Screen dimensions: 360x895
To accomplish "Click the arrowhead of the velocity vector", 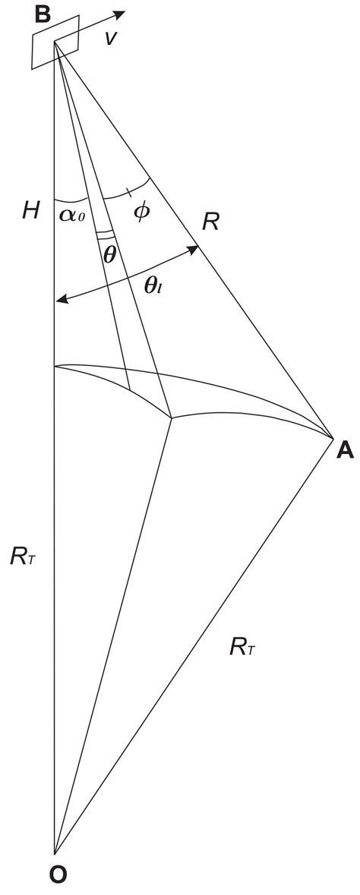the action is coord(122,14).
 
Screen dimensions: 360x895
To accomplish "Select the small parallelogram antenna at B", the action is coord(55,43).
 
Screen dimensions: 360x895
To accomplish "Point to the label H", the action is coord(30,211).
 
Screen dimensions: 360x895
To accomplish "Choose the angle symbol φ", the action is coord(141,210).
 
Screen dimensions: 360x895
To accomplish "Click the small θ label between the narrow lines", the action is coord(110,255).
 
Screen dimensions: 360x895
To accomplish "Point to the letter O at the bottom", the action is coord(57,875).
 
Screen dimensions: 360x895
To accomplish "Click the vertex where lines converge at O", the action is coord(55,853).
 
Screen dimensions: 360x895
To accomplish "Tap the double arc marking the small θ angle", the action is coord(107,235).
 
